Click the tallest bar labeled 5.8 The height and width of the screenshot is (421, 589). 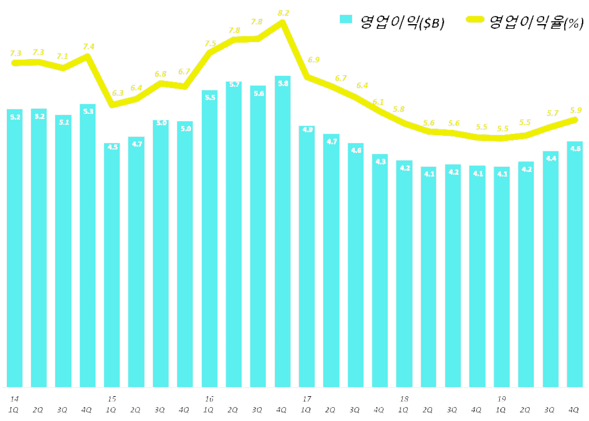[282, 230]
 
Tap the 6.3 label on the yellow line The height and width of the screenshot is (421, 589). [118, 93]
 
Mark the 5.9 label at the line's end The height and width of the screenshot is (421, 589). [575, 110]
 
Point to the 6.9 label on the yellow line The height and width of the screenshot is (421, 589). [313, 60]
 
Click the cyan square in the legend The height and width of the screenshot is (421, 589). [346, 19]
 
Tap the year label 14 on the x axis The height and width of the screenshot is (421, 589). [14, 399]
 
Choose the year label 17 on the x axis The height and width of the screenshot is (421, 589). [307, 399]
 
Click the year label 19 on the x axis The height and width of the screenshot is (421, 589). [502, 399]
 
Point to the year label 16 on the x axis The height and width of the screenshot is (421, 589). [209, 399]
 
